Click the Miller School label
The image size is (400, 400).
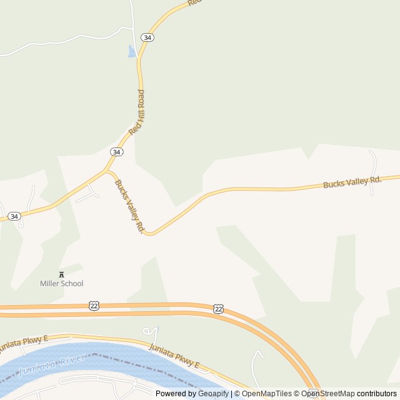tap(61, 284)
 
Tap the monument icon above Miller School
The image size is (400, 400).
tap(61, 274)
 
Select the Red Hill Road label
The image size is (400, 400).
tap(136, 112)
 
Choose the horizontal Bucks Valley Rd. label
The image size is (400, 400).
tap(352, 182)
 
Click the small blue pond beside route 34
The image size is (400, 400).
tap(132, 51)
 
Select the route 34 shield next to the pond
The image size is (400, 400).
tap(147, 37)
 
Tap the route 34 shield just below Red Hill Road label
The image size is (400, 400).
tap(116, 152)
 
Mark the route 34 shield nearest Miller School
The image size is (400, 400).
tap(14, 216)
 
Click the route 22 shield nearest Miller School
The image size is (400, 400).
tap(94, 305)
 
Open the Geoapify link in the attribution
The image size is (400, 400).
tap(212, 394)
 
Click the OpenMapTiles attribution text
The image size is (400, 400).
tap(267, 394)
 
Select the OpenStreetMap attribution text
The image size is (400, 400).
tap(327, 394)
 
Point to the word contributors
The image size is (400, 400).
tap(377, 394)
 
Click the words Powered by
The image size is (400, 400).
tap(175, 394)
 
